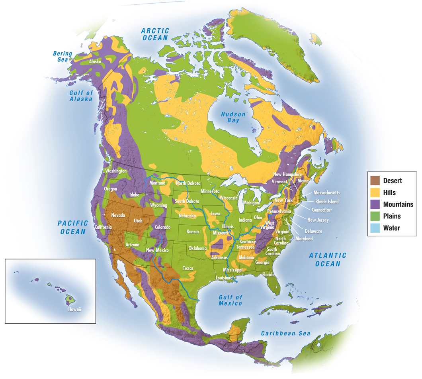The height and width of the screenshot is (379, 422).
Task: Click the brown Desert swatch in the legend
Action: (375, 181)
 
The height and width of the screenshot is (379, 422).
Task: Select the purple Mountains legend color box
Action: (375, 204)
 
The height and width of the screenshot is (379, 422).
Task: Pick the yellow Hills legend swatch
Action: (375, 192)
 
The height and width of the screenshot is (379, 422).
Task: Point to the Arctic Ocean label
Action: (156, 34)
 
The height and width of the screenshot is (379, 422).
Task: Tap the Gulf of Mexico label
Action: (231, 300)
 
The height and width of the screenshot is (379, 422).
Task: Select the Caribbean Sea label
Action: (285, 333)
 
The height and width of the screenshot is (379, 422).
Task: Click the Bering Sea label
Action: (63, 57)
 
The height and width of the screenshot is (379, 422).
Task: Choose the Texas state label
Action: (188, 268)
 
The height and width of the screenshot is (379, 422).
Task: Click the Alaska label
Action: (95, 62)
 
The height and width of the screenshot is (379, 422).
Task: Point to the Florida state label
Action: (269, 274)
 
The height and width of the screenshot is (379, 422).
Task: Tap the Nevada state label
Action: (118, 215)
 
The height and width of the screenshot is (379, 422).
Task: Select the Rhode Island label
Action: (327, 202)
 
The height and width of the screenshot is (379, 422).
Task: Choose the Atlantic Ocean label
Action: (327, 259)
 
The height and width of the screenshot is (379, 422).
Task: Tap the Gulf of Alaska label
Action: (81, 96)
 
